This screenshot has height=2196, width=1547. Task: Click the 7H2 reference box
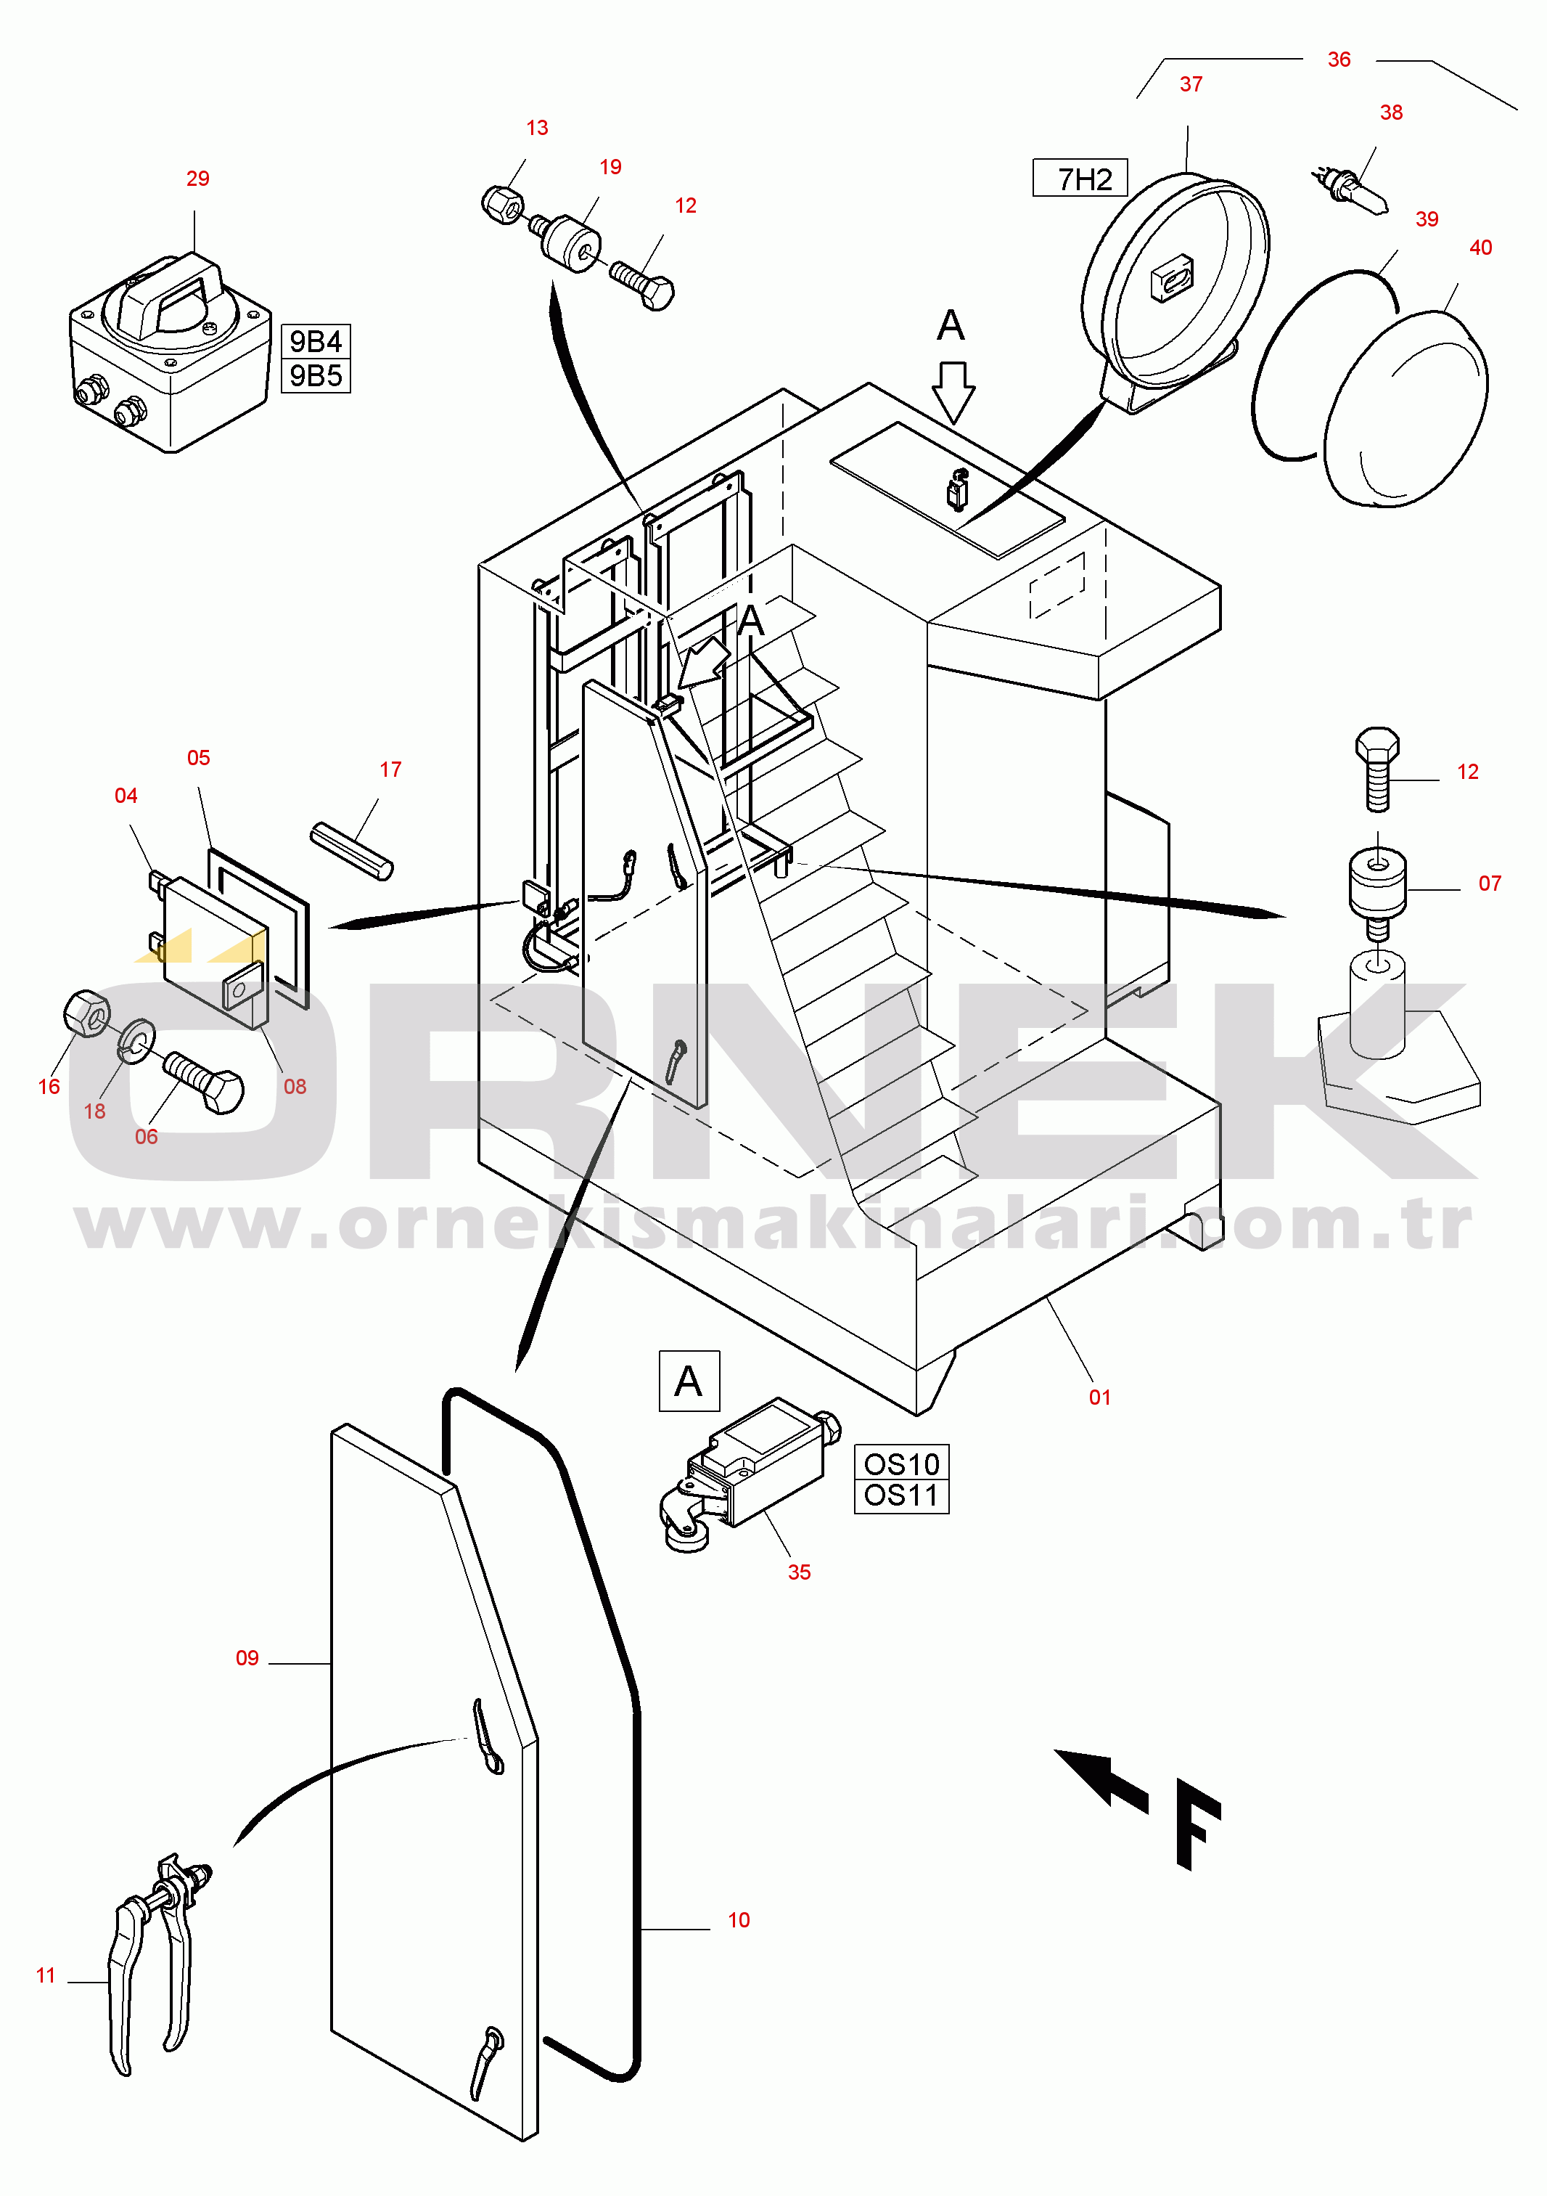(1080, 178)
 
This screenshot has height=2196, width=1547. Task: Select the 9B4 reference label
(316, 341)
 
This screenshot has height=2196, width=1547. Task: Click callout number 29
(198, 179)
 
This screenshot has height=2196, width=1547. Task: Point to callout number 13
(538, 128)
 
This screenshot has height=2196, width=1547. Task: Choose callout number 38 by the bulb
(1391, 113)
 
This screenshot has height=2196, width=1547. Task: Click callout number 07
(1490, 883)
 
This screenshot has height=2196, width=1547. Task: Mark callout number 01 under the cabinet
(1099, 1397)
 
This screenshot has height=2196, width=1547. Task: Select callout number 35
(800, 1572)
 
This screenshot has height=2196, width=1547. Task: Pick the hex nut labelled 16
(86, 1013)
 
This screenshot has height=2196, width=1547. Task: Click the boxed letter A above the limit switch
(689, 1381)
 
